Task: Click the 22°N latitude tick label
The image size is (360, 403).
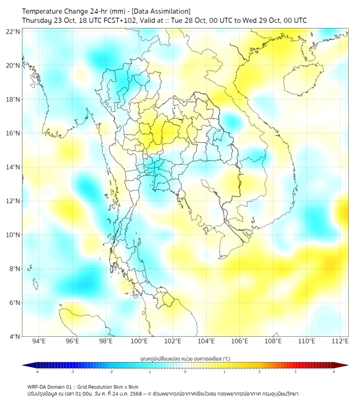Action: [13, 32]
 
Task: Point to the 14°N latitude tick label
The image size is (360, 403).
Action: [13, 167]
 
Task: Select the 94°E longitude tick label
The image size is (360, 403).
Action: [39, 341]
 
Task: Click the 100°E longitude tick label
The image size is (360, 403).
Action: [140, 341]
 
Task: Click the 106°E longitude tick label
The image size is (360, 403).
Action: [240, 341]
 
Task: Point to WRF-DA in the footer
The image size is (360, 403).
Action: [36, 386]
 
